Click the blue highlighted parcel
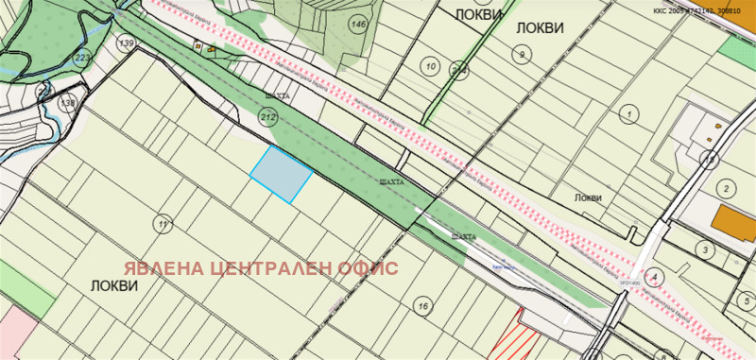click(281, 173)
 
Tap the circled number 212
click(267, 117)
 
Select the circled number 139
click(127, 44)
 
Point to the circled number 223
click(83, 59)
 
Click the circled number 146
click(358, 24)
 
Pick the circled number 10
click(431, 66)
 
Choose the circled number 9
click(523, 56)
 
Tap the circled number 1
click(626, 113)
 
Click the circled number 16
click(422, 305)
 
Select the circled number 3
click(702, 249)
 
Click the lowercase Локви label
click(587, 197)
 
